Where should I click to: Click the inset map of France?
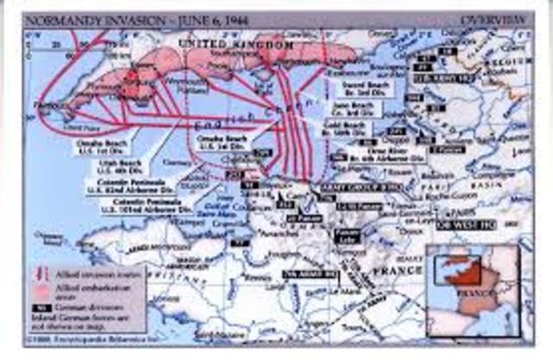[472, 288]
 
